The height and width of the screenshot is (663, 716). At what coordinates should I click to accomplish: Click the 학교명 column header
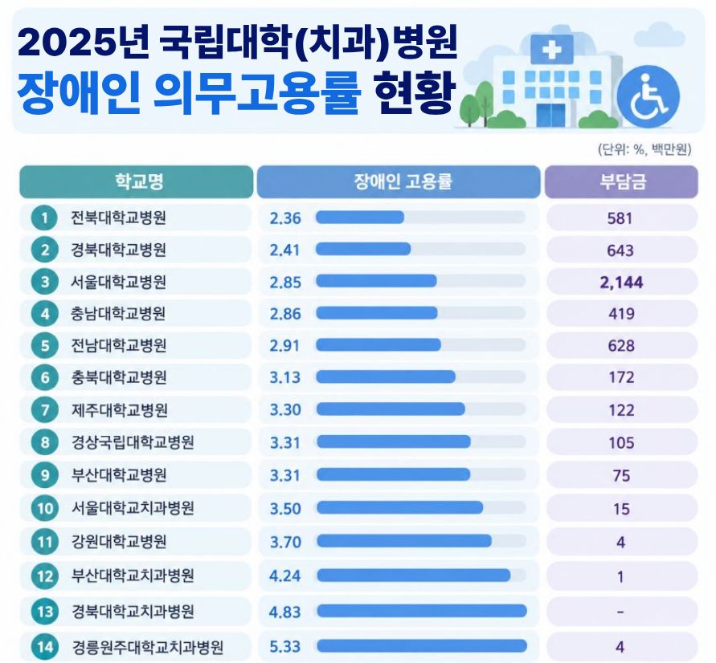pos(139,181)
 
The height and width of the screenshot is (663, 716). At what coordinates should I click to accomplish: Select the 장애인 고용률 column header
pos(403,181)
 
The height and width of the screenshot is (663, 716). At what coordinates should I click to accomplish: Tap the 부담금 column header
pos(623,181)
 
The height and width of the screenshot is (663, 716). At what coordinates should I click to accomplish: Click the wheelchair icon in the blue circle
pos(648,96)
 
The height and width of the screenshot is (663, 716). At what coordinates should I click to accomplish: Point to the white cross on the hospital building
pos(551,49)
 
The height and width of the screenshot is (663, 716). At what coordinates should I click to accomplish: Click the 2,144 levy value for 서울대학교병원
pos(621,283)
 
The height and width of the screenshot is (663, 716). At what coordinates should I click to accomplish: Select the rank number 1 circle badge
pos(44,218)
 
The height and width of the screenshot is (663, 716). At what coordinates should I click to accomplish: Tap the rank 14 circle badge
pos(45,647)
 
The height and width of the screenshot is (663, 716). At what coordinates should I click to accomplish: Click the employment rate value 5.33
pos(285,646)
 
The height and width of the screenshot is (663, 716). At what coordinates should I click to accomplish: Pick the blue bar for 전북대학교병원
pos(360,217)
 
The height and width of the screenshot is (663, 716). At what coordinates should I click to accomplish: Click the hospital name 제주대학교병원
pos(119,410)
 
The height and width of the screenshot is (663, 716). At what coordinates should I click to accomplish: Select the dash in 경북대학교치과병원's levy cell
pos(620,612)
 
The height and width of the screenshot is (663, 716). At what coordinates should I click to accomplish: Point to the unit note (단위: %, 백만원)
pos(644,149)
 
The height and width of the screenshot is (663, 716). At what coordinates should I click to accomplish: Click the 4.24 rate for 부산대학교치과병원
pos(285,576)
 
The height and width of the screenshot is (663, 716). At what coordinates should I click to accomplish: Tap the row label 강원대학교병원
pos(119,541)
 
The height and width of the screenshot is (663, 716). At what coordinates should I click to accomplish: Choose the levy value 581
pos(620,218)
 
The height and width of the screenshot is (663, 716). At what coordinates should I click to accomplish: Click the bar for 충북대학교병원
pos(386,376)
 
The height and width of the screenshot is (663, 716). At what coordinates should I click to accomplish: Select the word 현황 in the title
pos(415,92)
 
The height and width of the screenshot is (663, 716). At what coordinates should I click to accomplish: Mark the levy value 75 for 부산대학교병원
pos(621,476)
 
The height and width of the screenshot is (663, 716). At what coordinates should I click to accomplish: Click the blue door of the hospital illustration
pos(550,115)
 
